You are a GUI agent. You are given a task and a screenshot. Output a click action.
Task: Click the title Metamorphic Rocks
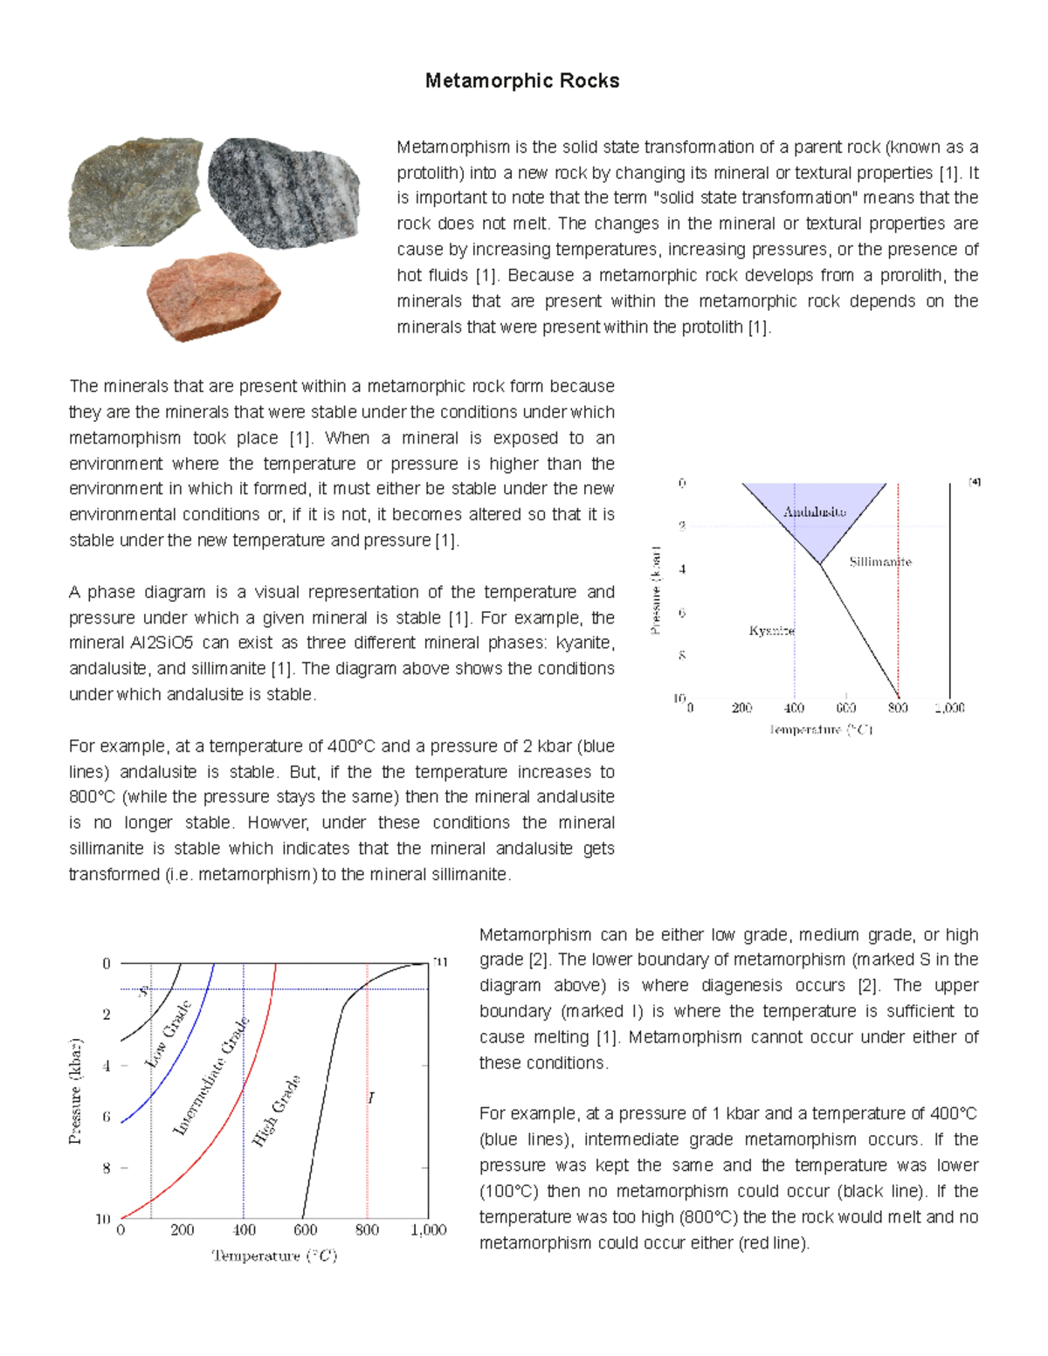click(x=522, y=81)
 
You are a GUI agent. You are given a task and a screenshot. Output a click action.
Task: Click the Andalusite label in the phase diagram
click(x=814, y=512)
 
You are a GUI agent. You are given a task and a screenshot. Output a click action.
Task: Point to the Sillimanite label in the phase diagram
click(x=879, y=561)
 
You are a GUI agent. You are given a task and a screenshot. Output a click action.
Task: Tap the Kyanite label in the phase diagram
click(x=771, y=630)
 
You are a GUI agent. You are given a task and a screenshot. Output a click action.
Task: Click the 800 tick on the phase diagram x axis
click(x=898, y=708)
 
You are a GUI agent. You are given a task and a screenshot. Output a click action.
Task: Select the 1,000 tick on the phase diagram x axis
click(x=949, y=708)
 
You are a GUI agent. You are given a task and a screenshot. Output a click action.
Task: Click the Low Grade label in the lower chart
click(x=168, y=1034)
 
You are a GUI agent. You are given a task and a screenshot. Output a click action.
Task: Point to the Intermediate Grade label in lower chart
click(x=211, y=1076)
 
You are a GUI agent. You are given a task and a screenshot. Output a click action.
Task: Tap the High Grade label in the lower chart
click(x=276, y=1110)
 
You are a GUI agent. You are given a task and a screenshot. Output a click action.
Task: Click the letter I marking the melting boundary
click(x=371, y=1098)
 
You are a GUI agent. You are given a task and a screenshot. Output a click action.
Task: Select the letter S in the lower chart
click(x=143, y=992)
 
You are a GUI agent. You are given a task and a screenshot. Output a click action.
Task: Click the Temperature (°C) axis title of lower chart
click(x=274, y=1256)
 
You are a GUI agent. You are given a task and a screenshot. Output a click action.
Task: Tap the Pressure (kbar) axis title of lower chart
click(x=76, y=1091)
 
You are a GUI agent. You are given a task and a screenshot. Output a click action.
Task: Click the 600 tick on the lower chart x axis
click(x=306, y=1230)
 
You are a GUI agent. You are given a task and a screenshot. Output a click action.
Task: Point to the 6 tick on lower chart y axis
click(x=107, y=1117)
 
